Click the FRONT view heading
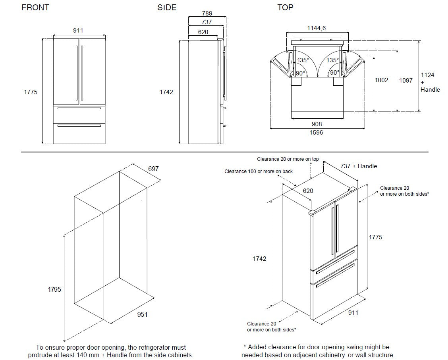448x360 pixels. [x=35, y=8]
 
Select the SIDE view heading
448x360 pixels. [x=167, y=8]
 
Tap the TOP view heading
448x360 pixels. [x=285, y=8]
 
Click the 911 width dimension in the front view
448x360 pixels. [x=78, y=31]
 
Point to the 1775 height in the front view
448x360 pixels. [x=31, y=92]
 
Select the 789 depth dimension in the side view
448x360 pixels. [x=207, y=13]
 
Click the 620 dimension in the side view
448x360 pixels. [x=203, y=32]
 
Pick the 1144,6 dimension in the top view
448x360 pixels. [x=317, y=28]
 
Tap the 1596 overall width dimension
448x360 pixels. [x=317, y=132]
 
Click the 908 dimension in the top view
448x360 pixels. [x=317, y=124]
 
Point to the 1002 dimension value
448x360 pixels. [x=381, y=80]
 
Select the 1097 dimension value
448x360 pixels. [x=406, y=80]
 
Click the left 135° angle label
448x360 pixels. [x=303, y=60]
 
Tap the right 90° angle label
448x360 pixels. [x=335, y=73]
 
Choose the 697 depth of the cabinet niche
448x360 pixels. [x=153, y=169]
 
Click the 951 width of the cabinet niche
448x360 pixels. [x=142, y=314]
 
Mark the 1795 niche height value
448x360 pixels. [x=54, y=289]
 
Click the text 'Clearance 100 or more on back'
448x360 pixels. [x=259, y=171]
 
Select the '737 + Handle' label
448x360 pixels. [x=359, y=166]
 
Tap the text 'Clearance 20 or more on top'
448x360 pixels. [x=288, y=159]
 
